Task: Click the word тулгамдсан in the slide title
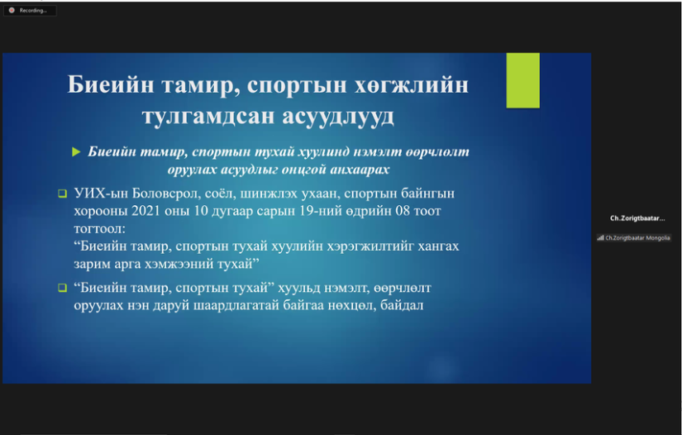pos(207,116)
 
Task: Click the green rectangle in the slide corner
pos(522,80)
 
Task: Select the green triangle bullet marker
pos(76,152)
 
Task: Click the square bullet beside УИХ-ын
pos(63,194)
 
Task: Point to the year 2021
pos(146,211)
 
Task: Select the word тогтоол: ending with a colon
pos(99,229)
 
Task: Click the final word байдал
pos(402,305)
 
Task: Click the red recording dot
pos(12,10)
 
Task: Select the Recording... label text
pos(33,11)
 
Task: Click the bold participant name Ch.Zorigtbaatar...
pos(637,218)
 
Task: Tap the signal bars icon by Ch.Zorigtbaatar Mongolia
pos(600,238)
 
